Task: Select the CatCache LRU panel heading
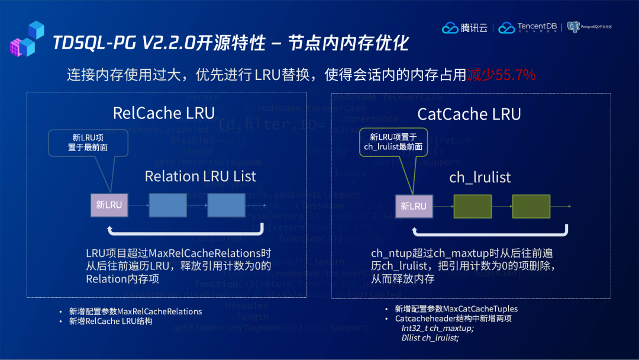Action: [x=469, y=114]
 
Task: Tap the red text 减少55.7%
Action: [x=501, y=75]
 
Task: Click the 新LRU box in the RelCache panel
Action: [x=109, y=205]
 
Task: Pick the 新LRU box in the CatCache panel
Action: [x=413, y=206]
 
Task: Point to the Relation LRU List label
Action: [x=201, y=176]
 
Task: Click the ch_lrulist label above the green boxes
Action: [x=480, y=177]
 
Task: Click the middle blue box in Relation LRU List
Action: [x=167, y=205]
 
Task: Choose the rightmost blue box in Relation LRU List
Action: [x=226, y=205]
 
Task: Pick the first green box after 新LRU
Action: [x=472, y=206]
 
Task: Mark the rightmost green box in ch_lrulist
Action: [x=531, y=206]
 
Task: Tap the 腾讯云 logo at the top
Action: [x=466, y=27]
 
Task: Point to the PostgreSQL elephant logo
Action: [x=573, y=27]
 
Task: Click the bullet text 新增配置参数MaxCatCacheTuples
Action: [x=456, y=308]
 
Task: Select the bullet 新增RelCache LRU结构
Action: [x=111, y=321]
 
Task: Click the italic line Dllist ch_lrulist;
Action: [x=430, y=338]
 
